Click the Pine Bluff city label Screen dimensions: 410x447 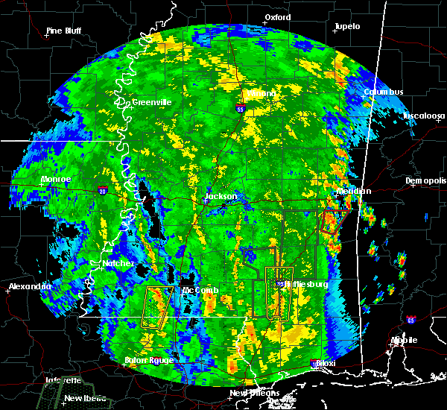pos(63,31)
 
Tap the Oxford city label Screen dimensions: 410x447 pos(278,17)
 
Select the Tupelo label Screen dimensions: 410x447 pos(346,26)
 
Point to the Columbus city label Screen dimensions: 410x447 pos(384,92)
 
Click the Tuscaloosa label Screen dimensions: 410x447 pos(424,116)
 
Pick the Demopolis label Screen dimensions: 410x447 pos(425,180)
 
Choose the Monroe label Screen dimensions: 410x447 pos(55,180)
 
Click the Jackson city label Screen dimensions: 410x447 pos(221,197)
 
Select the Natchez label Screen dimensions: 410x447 pos(118,263)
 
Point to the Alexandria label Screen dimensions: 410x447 pos(30,286)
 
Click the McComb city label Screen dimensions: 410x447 pos(200,290)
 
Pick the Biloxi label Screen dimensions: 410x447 pos(325,363)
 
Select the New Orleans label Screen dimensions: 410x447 pos(254,393)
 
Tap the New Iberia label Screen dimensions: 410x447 pos(83,398)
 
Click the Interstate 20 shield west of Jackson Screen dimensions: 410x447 pos(102,192)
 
